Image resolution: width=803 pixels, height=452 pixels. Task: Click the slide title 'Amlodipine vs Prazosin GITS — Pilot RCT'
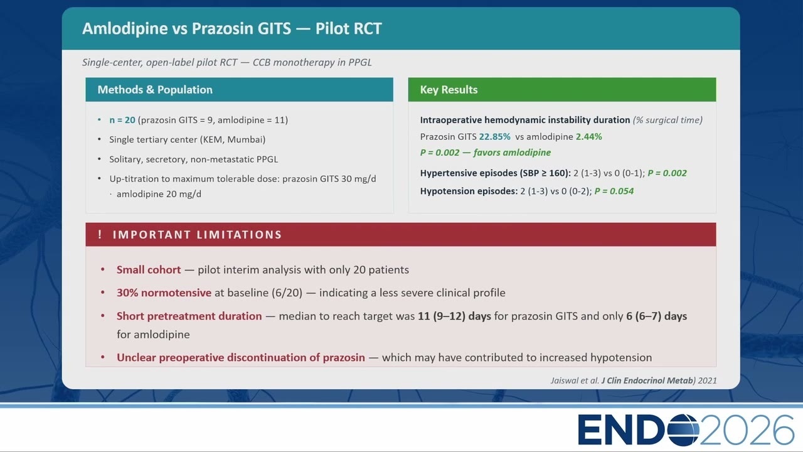(232, 28)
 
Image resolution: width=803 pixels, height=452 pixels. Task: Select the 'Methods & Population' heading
(155, 89)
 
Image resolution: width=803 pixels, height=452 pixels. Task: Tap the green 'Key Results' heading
(449, 89)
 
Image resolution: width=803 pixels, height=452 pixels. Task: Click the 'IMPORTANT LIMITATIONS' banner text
(197, 235)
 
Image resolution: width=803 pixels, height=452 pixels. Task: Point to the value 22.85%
(495, 137)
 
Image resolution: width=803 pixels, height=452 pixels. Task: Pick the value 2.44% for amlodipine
(589, 137)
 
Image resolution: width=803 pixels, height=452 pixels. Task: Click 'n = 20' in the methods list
(122, 120)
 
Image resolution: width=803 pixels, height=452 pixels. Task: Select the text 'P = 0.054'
(614, 191)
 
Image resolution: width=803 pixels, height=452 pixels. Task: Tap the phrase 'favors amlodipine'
(512, 153)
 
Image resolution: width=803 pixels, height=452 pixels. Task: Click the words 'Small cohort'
(149, 270)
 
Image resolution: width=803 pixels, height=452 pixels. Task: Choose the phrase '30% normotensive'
(164, 293)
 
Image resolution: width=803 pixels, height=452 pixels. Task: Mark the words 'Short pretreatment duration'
(189, 316)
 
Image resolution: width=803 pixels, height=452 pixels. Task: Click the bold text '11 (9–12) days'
(454, 316)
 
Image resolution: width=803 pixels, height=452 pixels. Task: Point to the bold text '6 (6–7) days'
(656, 316)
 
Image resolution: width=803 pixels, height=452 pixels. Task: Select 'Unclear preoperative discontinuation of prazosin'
(240, 357)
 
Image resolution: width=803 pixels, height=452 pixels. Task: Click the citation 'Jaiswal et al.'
(575, 380)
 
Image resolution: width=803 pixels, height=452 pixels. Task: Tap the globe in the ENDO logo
(683, 429)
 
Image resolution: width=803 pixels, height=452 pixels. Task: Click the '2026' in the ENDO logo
(747, 429)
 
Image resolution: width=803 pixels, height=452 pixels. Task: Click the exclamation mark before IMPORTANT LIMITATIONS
(100, 234)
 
